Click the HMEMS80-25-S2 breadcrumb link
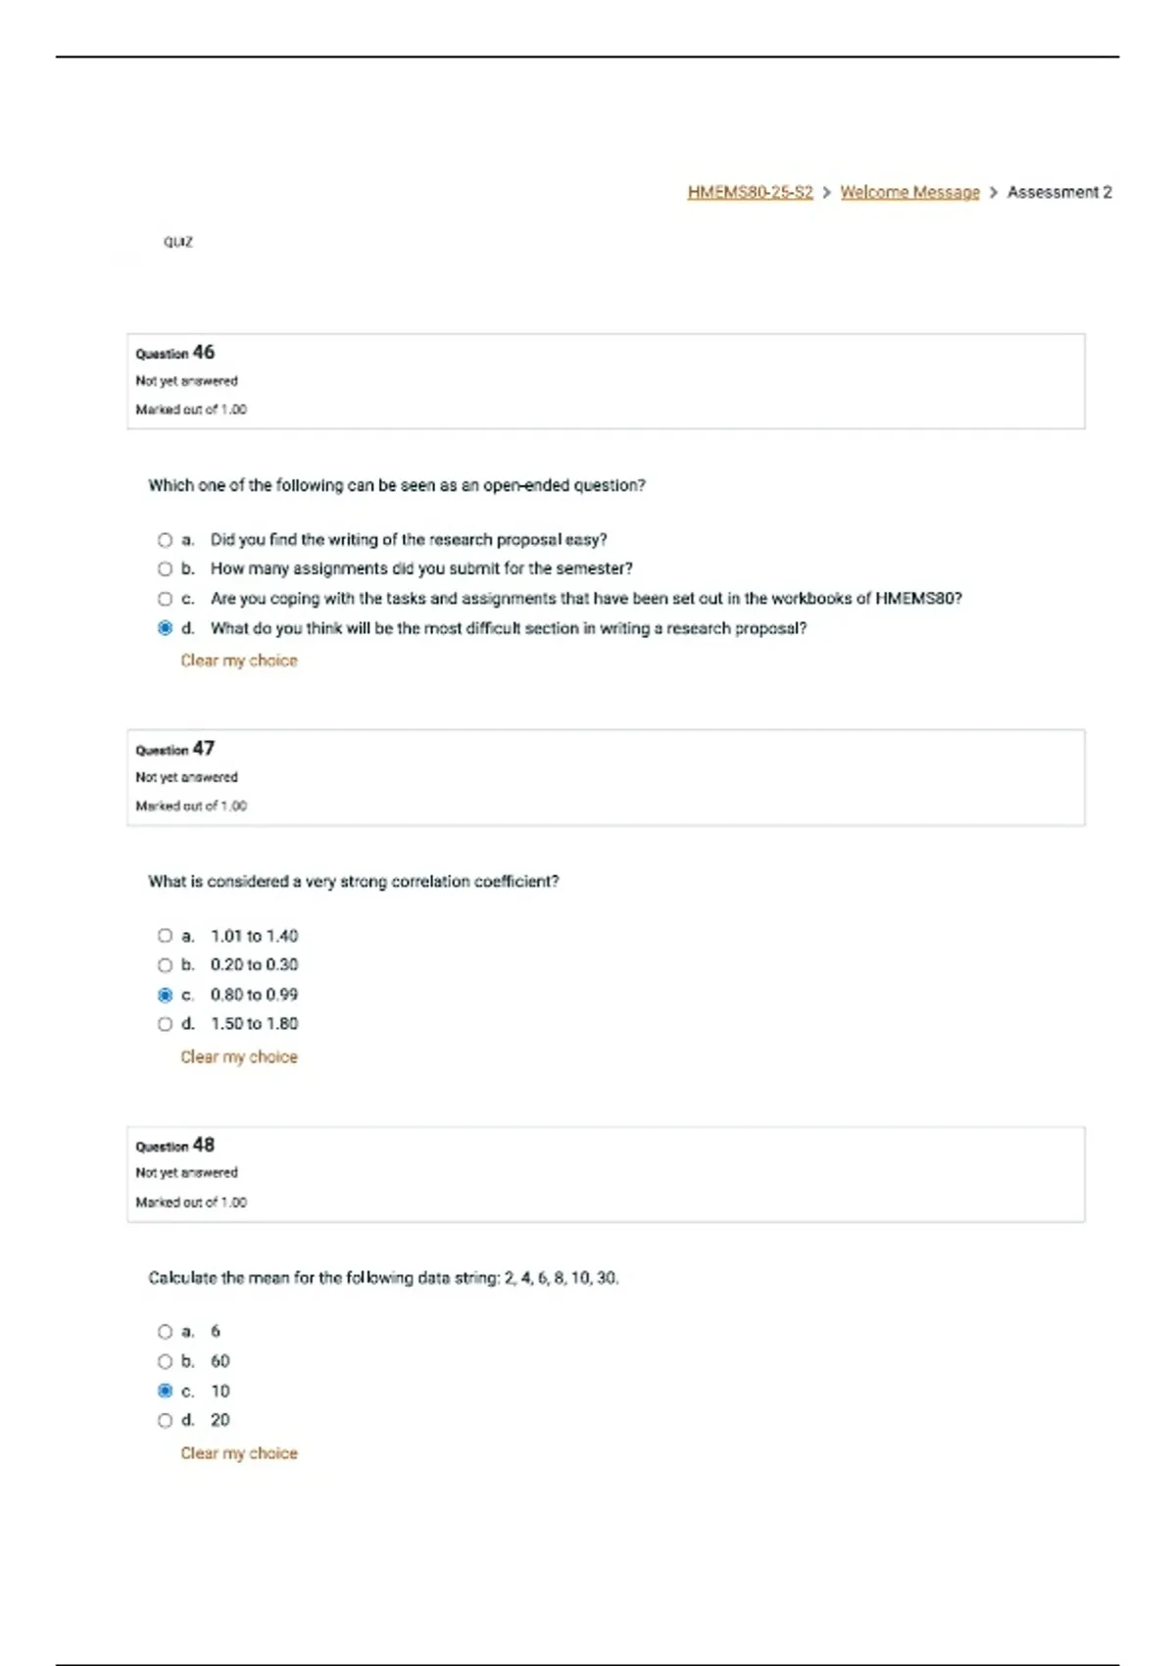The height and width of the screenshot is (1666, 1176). point(750,192)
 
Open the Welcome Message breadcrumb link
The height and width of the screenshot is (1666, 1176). point(909,192)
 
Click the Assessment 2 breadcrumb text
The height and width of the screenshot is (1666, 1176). point(1059,192)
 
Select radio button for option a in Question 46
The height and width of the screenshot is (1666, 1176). point(165,540)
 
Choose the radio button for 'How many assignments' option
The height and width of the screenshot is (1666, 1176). point(165,568)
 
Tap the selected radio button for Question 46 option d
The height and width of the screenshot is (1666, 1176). point(165,628)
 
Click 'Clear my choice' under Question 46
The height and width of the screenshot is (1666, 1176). point(238,661)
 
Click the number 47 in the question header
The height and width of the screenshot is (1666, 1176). point(203,749)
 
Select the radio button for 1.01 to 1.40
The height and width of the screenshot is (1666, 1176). point(165,936)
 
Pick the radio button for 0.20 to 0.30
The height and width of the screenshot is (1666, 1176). point(165,965)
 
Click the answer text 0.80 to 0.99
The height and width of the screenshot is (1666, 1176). point(254,995)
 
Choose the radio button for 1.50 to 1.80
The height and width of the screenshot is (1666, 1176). point(165,1024)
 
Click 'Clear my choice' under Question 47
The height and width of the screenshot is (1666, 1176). point(238,1056)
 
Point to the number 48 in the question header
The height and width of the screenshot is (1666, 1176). point(203,1145)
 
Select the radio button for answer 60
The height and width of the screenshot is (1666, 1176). point(165,1361)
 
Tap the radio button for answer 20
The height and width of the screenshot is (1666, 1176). point(165,1420)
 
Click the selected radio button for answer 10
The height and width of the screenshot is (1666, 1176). point(165,1391)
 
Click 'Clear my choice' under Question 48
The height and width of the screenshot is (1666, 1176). point(238,1453)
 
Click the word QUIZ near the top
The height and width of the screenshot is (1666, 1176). point(178,242)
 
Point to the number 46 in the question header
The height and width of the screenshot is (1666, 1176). point(203,352)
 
